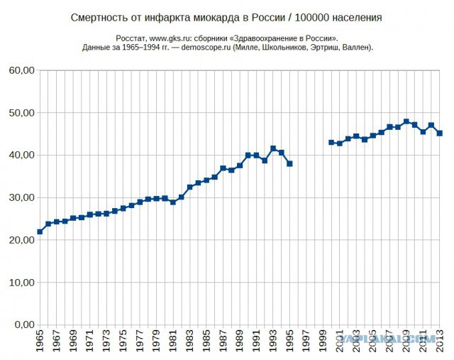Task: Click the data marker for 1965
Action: point(40,231)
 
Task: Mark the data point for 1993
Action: point(273,148)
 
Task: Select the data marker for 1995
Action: point(289,164)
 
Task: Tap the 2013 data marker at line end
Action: point(439,133)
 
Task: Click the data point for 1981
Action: point(173,202)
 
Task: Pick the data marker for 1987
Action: point(223,168)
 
